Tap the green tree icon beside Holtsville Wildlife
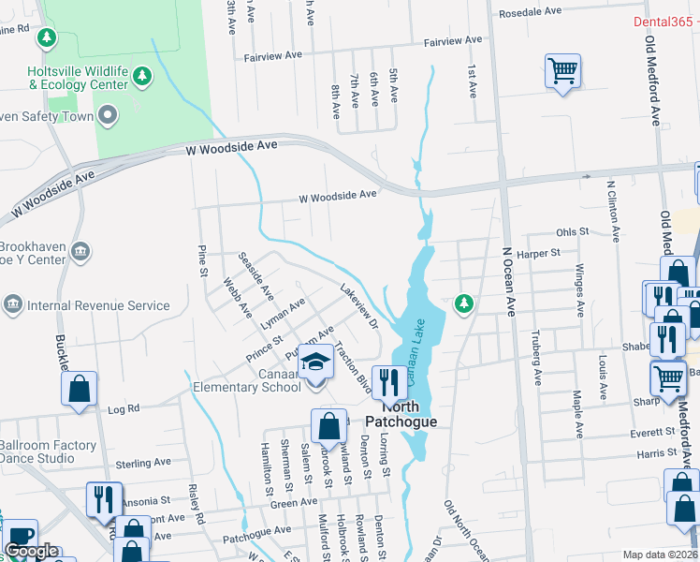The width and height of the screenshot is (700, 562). click(x=142, y=75)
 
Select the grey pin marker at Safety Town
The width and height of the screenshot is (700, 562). click(x=108, y=116)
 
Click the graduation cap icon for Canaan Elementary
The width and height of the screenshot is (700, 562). click(x=316, y=362)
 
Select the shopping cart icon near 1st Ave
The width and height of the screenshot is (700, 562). click(x=562, y=69)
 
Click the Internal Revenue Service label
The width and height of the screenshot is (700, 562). click(x=99, y=305)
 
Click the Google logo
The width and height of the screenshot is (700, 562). click(x=31, y=551)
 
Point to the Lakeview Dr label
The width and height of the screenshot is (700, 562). click(x=358, y=306)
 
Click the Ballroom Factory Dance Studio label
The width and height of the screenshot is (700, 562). click(x=48, y=452)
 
